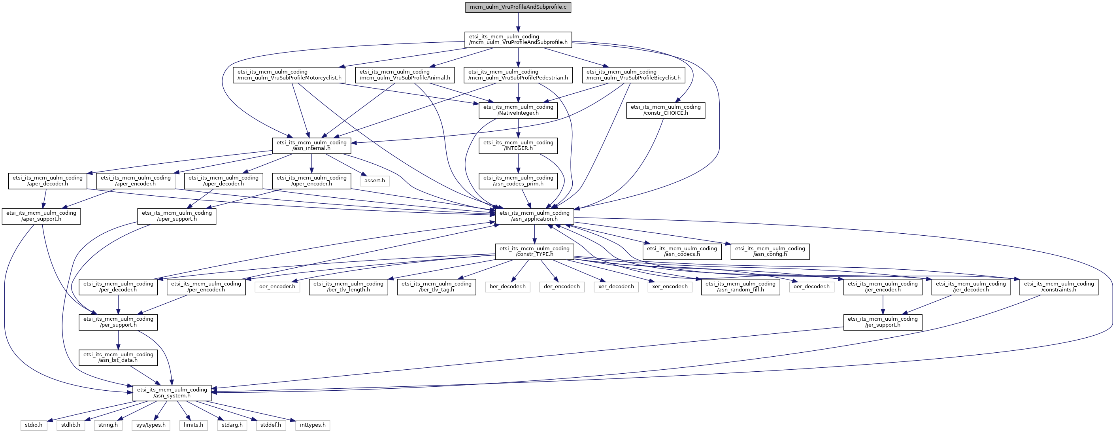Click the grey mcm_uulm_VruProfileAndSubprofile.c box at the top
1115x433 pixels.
coord(518,8)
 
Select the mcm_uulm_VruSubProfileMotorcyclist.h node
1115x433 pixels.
coord(290,75)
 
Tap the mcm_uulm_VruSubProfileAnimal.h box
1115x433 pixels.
coord(405,75)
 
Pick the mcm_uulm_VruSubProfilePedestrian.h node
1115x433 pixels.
coord(518,75)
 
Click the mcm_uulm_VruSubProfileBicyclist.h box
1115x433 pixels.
coord(633,75)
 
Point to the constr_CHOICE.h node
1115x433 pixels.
coord(666,110)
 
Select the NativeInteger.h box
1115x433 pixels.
coord(518,110)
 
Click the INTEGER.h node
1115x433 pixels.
coord(518,146)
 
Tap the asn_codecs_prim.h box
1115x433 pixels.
coord(518,181)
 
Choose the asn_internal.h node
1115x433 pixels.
coord(311,146)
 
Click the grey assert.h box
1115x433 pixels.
coord(374,181)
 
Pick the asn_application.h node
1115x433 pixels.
coord(534,216)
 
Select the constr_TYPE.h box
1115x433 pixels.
coord(534,251)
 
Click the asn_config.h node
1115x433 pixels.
coord(770,251)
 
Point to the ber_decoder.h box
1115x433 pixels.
coord(508,287)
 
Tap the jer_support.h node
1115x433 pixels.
coord(883,322)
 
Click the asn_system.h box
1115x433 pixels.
coord(172,393)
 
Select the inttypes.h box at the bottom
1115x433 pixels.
coord(313,425)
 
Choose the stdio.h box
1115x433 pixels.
coord(34,425)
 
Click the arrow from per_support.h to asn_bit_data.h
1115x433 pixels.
coord(118,340)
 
